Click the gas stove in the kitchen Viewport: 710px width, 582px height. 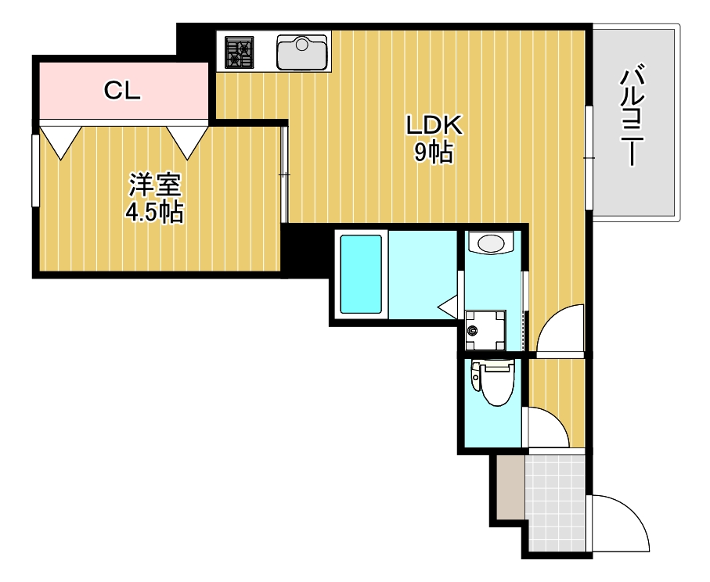pyautogui.click(x=240, y=52)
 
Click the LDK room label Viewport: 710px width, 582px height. pyautogui.click(x=434, y=125)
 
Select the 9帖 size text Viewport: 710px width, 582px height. pyautogui.click(x=434, y=154)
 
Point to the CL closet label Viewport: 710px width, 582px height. pyautogui.click(x=122, y=92)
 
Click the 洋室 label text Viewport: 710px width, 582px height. pyautogui.click(x=155, y=185)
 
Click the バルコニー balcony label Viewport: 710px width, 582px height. pyautogui.click(x=633, y=117)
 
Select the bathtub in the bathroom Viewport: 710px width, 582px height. pyautogui.click(x=361, y=275)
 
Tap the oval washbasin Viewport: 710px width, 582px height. pyautogui.click(x=491, y=243)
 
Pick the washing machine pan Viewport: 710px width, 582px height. pyautogui.click(x=483, y=330)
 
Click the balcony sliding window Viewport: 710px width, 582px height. pyautogui.click(x=588, y=157)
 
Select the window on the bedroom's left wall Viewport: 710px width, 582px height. pyautogui.click(x=34, y=171)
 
